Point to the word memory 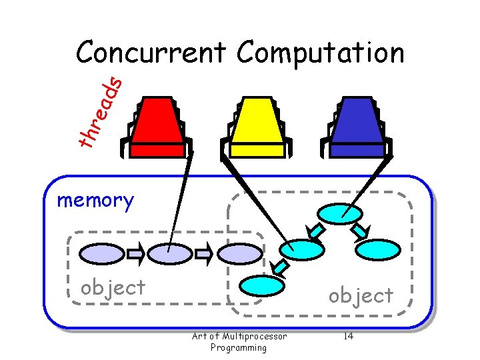(95, 199)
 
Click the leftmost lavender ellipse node (102, 253)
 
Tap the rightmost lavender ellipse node (241, 253)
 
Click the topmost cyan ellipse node (340, 213)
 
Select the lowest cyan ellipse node (262, 285)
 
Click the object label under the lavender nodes (113, 287)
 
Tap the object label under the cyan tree (361, 295)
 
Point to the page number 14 (348, 336)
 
